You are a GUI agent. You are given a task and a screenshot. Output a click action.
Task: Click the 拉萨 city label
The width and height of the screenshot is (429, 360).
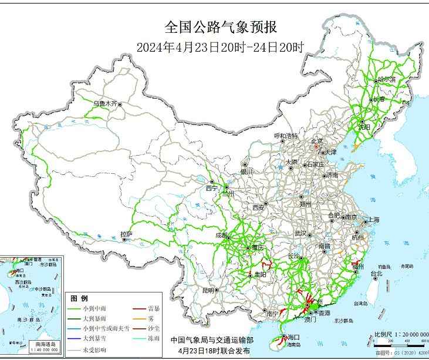coord(126,234)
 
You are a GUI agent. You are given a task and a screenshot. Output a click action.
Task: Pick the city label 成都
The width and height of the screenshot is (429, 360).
coord(222,235)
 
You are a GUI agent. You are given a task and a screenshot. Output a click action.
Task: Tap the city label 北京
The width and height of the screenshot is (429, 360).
coord(317,141)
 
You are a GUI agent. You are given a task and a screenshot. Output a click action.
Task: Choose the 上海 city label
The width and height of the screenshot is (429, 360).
coord(373,220)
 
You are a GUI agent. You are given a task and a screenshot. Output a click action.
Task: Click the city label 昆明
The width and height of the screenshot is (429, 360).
coord(208,290)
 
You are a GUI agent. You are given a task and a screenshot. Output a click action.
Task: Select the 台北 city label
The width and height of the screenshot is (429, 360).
coord(376,273)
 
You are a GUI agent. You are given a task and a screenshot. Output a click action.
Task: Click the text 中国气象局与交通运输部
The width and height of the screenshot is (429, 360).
coord(212,339)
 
